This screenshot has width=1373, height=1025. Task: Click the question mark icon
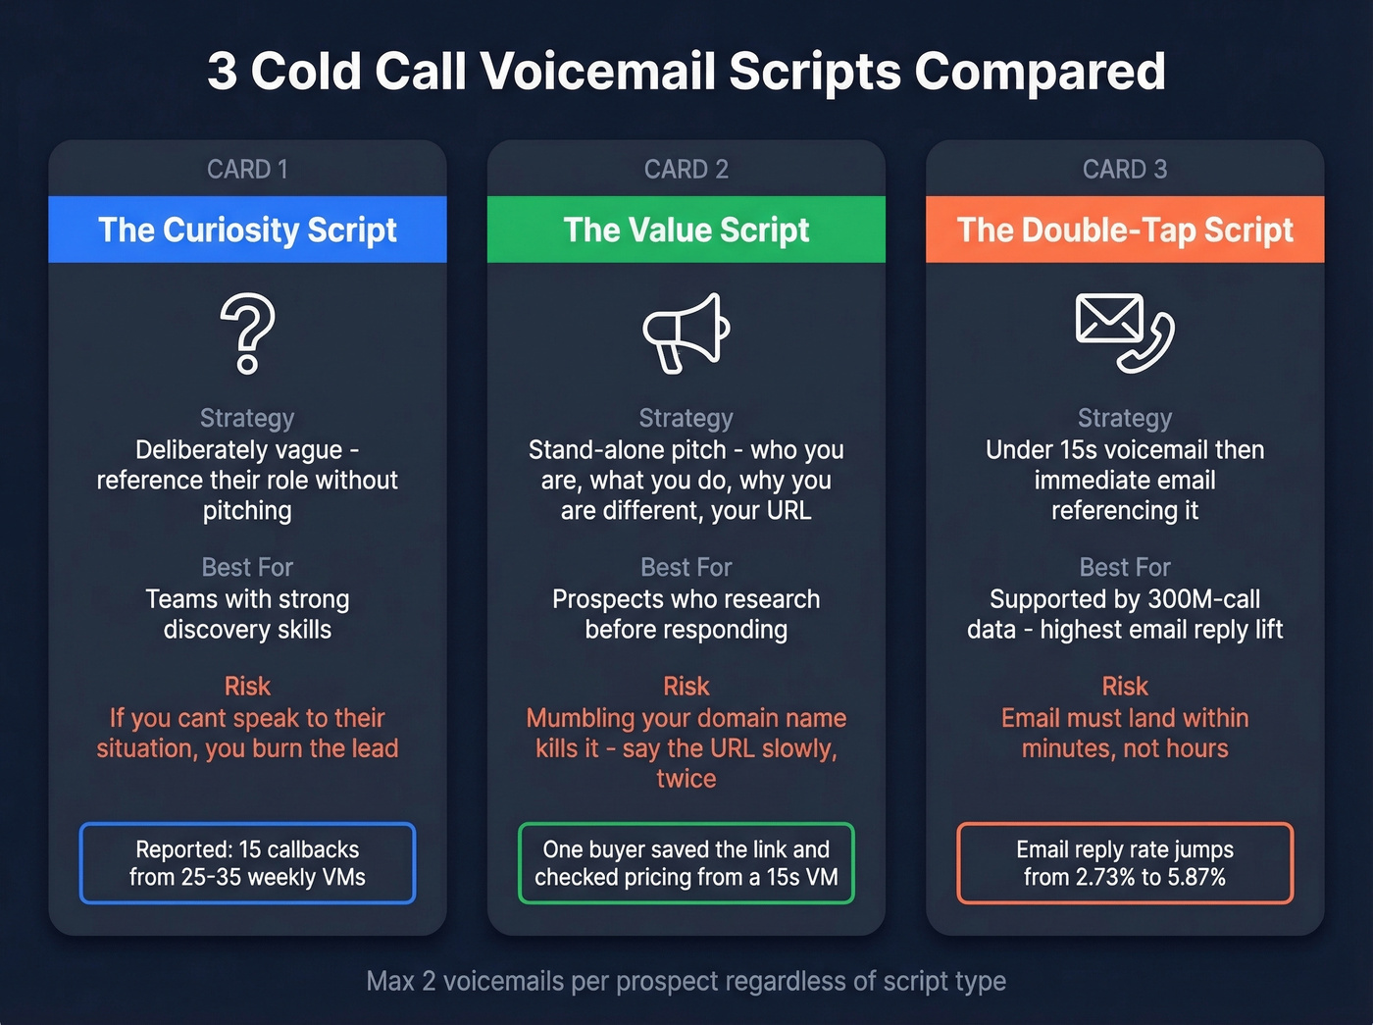pos(247,333)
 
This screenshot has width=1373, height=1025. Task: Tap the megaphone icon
pos(686,333)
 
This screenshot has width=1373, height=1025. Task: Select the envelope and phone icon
pos(1125,333)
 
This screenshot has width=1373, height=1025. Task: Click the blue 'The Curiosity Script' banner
pos(247,230)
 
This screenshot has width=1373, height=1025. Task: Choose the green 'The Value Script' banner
pos(686,230)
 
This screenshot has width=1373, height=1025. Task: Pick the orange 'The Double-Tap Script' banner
pos(1125,230)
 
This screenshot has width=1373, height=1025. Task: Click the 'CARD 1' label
pos(247,169)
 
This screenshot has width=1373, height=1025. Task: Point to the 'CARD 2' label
pos(686,169)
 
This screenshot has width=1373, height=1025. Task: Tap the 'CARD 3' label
pos(1125,169)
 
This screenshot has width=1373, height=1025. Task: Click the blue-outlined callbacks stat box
pos(247,863)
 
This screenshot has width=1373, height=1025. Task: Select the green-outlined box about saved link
pos(686,863)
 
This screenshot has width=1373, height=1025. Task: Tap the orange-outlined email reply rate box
pos(1125,863)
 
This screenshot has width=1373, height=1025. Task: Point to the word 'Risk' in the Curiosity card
pos(247,686)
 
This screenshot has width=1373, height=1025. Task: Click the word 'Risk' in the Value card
pos(686,686)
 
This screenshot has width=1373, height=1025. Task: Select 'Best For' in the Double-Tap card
pos(1125,567)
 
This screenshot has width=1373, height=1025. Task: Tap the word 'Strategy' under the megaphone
pos(686,418)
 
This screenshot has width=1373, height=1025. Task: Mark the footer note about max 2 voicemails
pos(686,981)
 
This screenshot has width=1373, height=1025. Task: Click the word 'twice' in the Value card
pos(686,779)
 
